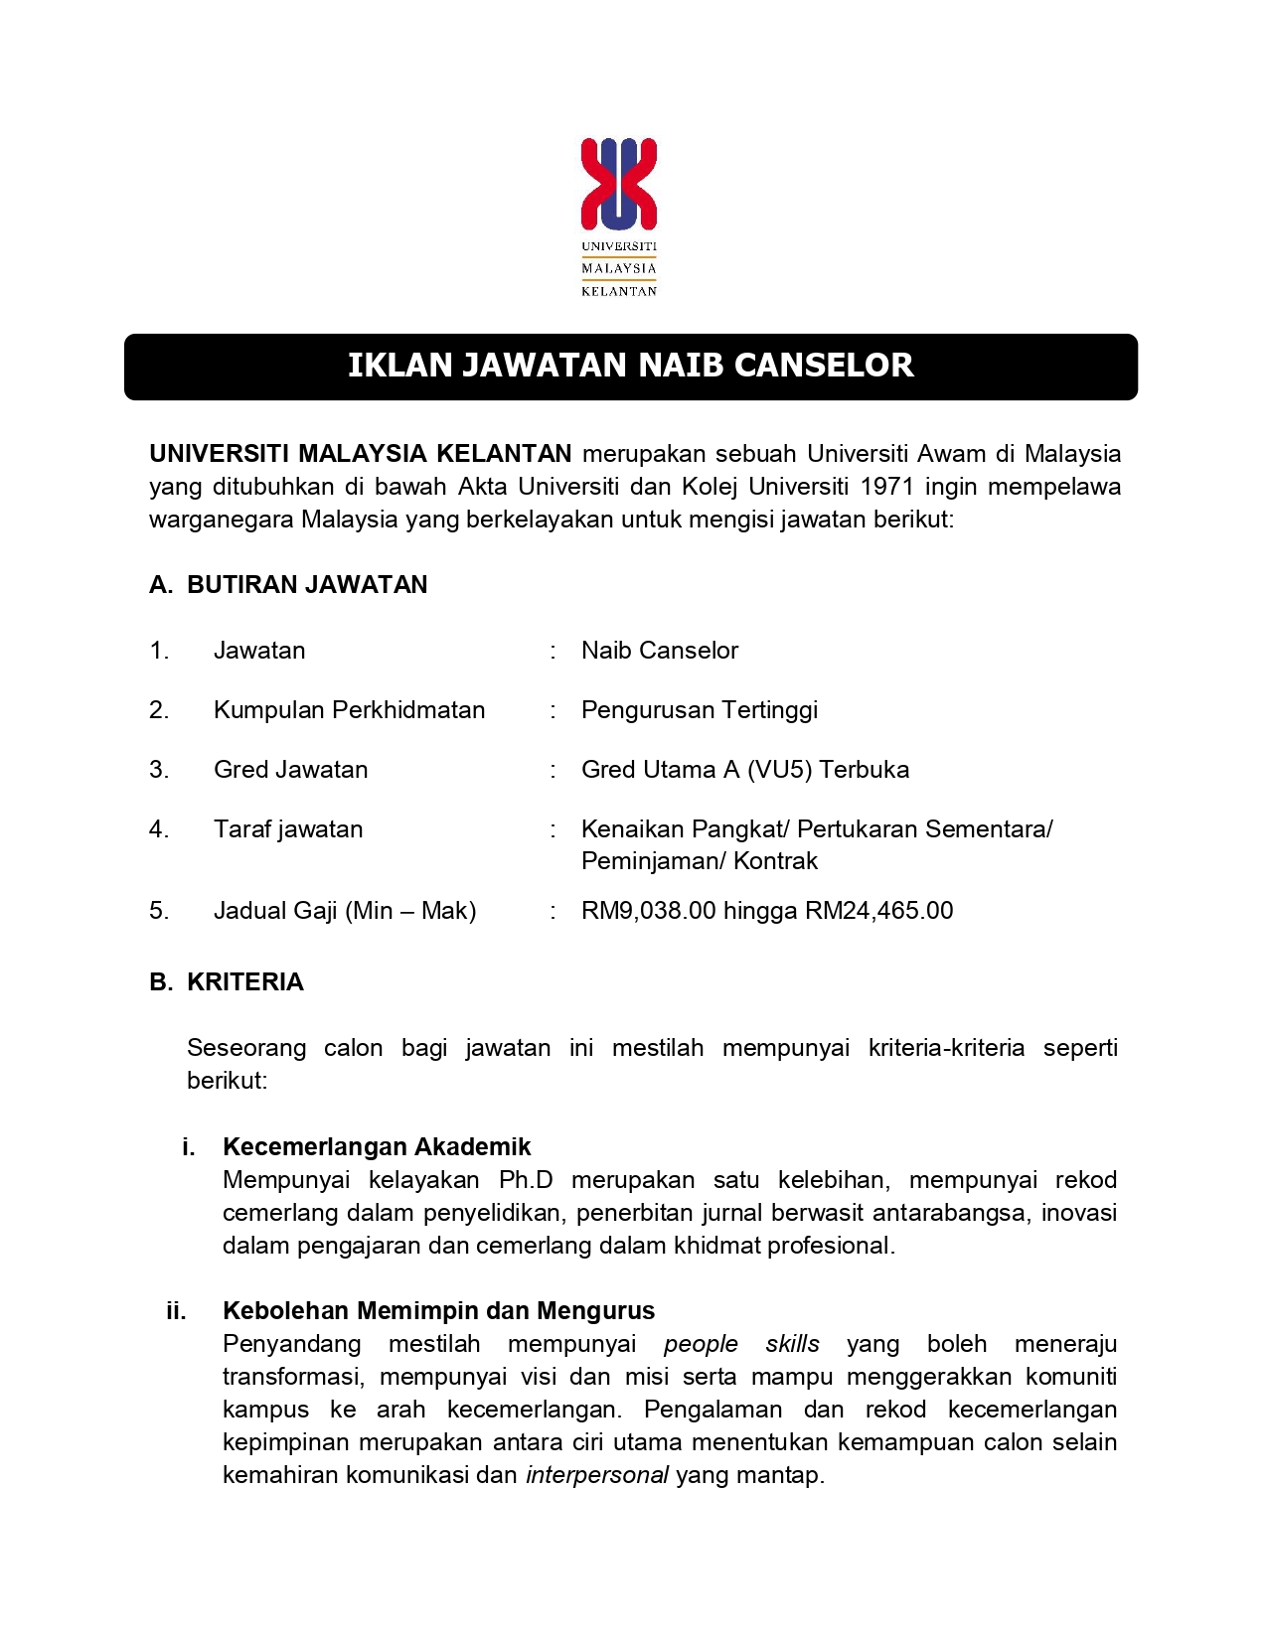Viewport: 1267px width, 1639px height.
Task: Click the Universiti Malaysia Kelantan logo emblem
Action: pyautogui.click(x=619, y=184)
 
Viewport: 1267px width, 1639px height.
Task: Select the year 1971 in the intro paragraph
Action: pyautogui.click(x=886, y=487)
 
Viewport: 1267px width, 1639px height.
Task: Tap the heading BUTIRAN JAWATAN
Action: pyautogui.click(x=307, y=585)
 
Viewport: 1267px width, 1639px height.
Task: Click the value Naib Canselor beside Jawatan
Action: pyautogui.click(x=660, y=651)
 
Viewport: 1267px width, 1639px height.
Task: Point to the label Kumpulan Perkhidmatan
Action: pyautogui.click(x=349, y=710)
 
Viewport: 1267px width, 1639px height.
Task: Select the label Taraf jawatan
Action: pyautogui.click(x=288, y=829)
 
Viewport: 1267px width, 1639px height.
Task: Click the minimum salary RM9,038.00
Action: pyautogui.click(x=648, y=911)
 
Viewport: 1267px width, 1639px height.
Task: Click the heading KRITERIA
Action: pyautogui.click(x=245, y=982)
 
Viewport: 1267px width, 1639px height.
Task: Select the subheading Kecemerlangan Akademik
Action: pyautogui.click(x=377, y=1147)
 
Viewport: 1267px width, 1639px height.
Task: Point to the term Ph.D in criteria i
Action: pyautogui.click(x=526, y=1180)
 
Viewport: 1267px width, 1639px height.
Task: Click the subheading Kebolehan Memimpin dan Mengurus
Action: pyautogui.click(x=438, y=1311)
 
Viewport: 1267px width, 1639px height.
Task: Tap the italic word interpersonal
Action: pyautogui.click(x=596, y=1475)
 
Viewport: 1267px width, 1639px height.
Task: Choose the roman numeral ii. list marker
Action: pyautogui.click(x=177, y=1311)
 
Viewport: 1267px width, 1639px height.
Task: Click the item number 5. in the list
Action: pyautogui.click(x=159, y=911)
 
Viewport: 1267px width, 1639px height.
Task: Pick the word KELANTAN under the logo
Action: pyautogui.click(x=619, y=291)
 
